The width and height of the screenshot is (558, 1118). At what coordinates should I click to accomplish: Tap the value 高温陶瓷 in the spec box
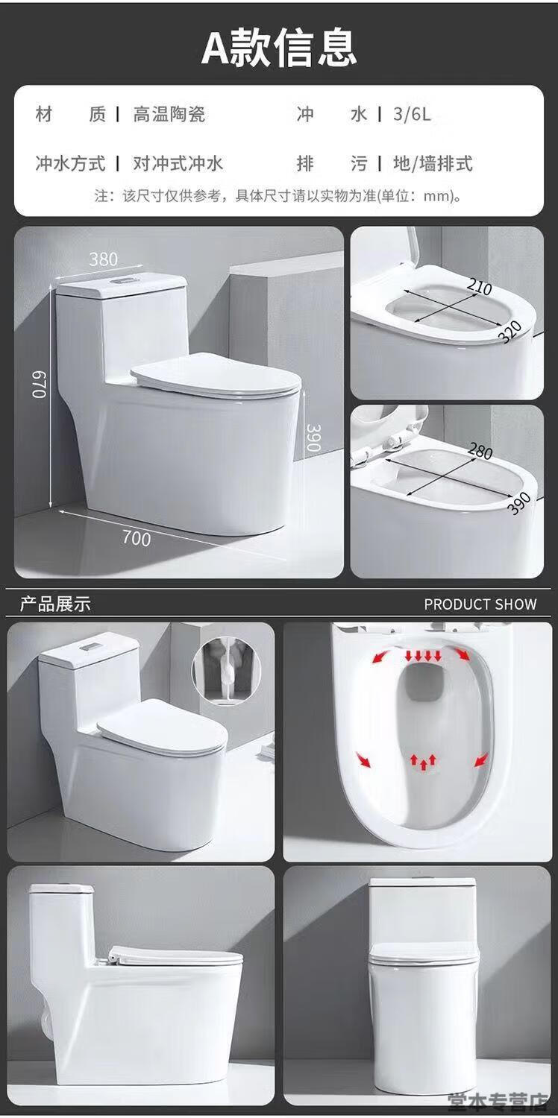(x=169, y=115)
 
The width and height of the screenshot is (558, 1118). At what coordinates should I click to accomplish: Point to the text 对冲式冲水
(x=178, y=163)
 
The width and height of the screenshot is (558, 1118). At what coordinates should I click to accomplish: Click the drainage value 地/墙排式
(x=433, y=163)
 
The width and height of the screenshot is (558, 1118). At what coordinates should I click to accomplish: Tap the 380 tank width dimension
(x=104, y=259)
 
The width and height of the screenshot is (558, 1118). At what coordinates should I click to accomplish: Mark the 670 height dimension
(x=40, y=384)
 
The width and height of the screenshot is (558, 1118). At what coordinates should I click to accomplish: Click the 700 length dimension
(x=137, y=539)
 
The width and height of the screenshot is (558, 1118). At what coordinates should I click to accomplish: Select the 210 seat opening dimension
(x=480, y=287)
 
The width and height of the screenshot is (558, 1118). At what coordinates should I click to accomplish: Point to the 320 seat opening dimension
(x=510, y=332)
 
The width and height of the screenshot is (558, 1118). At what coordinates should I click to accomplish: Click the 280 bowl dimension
(x=480, y=452)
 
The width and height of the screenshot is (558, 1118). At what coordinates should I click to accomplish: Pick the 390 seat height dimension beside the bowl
(x=313, y=438)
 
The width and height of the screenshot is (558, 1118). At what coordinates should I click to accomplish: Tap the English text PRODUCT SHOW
(x=480, y=604)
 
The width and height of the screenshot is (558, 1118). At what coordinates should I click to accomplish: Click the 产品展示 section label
(x=55, y=604)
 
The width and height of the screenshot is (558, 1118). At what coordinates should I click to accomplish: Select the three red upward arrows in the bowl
(x=423, y=760)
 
